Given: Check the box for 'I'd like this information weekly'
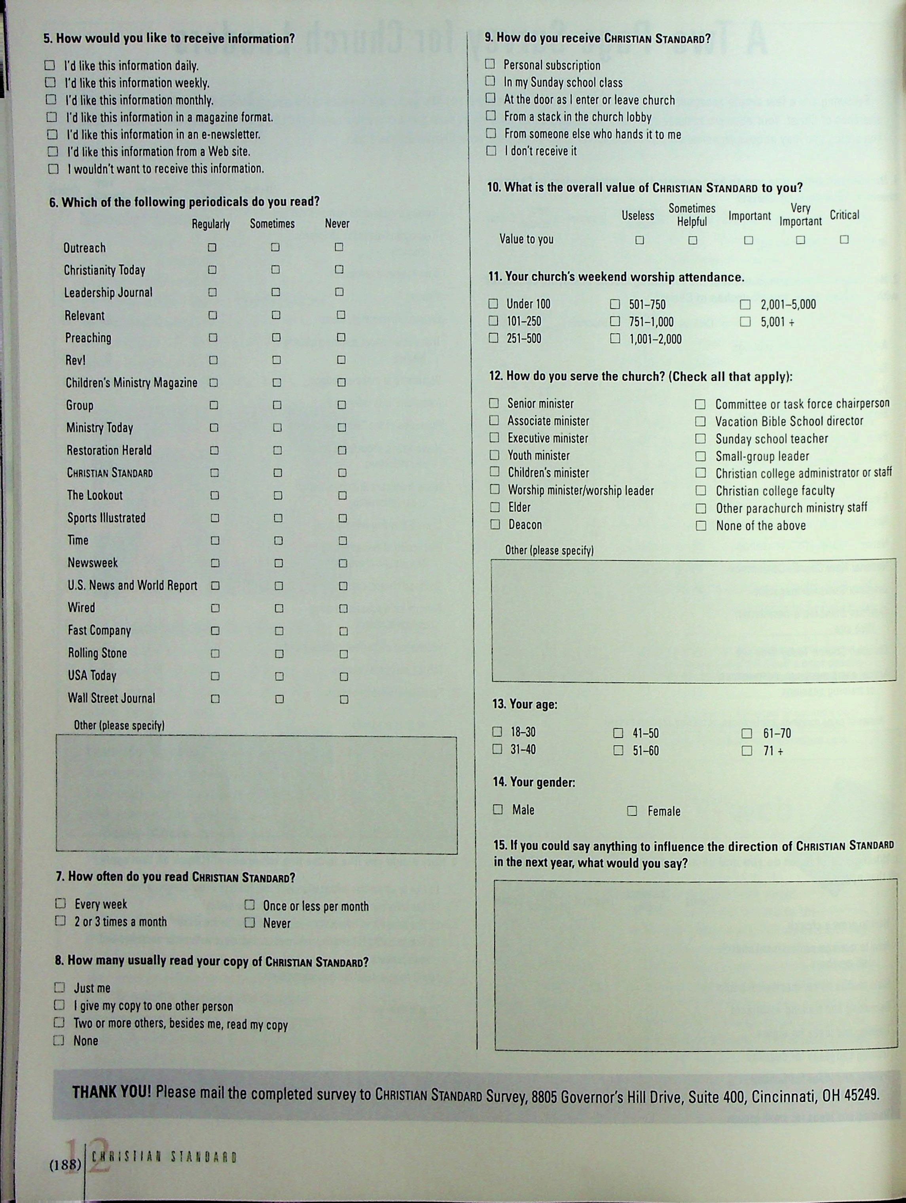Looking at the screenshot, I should click(50, 83).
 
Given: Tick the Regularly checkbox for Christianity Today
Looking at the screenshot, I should click(212, 270).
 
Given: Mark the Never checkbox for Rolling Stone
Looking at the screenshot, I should click(343, 654).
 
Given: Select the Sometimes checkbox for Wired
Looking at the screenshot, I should click(279, 609).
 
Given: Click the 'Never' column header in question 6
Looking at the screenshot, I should click(337, 223).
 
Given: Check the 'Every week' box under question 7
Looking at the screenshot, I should click(61, 903).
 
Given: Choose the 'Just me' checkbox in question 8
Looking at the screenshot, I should click(59, 987).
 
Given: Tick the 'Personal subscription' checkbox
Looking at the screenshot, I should click(490, 64).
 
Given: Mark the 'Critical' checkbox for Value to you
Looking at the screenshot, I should click(844, 239).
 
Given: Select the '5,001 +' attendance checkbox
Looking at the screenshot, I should click(745, 322).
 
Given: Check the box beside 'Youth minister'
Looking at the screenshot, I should click(494, 455).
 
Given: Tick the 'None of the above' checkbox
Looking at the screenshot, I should click(701, 526).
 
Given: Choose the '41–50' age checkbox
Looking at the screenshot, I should click(618, 733).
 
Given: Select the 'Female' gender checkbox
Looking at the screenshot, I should click(632, 811).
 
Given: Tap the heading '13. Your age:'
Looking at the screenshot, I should click(525, 705).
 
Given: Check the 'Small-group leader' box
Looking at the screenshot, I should click(701, 456).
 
